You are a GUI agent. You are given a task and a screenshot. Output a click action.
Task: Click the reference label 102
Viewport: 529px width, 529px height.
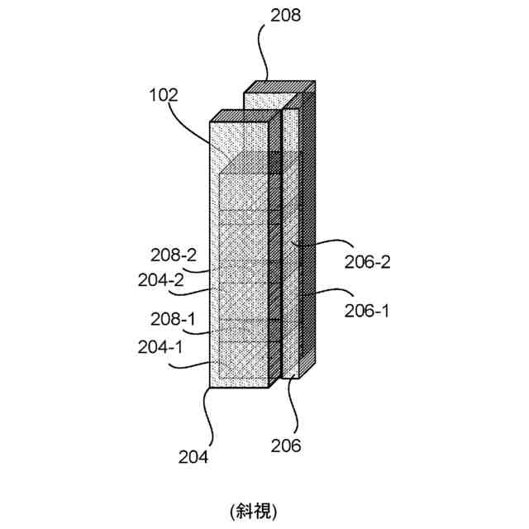(x=163, y=95)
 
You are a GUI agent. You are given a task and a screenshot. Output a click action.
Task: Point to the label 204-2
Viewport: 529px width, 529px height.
(x=161, y=279)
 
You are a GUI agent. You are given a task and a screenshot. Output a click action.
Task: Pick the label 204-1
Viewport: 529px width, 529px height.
(x=161, y=348)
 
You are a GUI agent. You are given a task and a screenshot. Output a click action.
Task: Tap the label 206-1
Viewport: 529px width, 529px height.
(x=366, y=311)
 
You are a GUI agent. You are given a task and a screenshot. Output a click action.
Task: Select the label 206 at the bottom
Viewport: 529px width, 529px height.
(x=286, y=446)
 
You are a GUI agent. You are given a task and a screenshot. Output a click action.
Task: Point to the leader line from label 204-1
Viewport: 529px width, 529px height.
(x=199, y=362)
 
